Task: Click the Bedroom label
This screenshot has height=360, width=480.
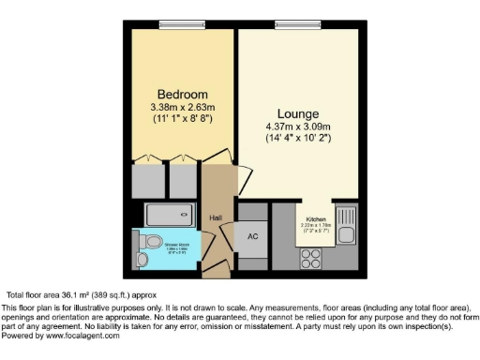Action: click(182, 95)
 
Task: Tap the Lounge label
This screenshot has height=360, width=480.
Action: click(297, 112)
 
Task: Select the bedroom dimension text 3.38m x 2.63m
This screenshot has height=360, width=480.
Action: click(182, 107)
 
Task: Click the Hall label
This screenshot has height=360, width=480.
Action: click(215, 217)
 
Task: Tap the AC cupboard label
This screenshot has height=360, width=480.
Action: click(251, 236)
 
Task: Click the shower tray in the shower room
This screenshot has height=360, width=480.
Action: click(172, 215)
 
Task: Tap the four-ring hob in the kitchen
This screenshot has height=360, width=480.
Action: click(310, 253)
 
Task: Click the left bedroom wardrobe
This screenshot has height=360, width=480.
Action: click(147, 179)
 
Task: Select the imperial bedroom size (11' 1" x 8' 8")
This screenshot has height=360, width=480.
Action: click(182, 120)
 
